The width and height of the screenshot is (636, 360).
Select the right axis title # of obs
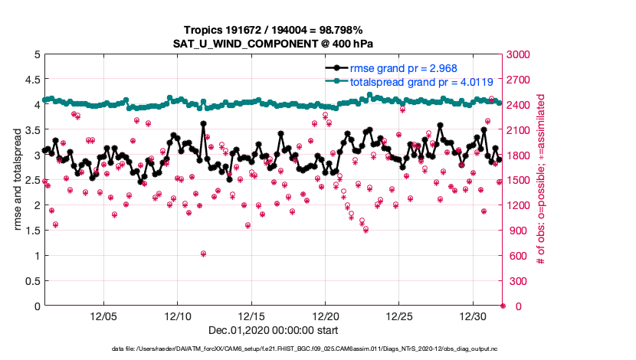pos(541,180)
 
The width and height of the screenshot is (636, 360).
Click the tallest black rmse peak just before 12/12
pos(203,123)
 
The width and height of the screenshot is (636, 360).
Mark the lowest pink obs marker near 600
pos(203,254)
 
